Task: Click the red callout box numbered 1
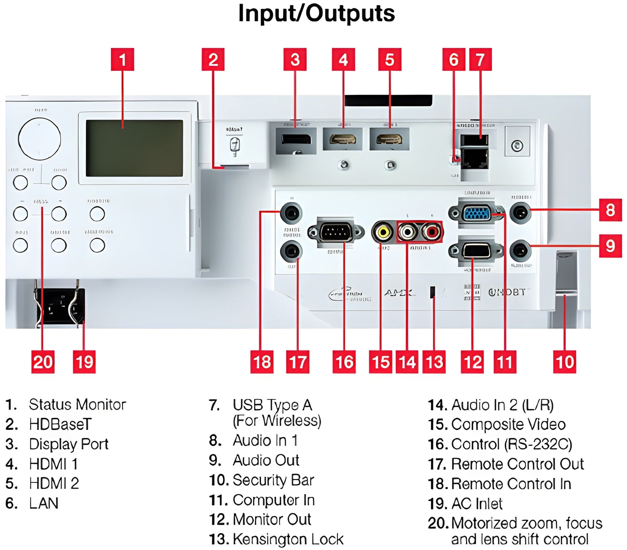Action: (x=122, y=60)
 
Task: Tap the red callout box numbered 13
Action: (x=434, y=362)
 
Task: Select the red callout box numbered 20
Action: (x=43, y=362)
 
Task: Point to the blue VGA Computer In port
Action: (x=477, y=213)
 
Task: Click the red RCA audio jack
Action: (x=431, y=232)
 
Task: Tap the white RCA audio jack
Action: (x=407, y=232)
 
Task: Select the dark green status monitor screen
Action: (x=134, y=148)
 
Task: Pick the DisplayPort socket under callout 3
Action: (x=296, y=139)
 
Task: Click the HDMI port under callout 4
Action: (x=343, y=139)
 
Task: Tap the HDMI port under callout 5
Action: (x=390, y=139)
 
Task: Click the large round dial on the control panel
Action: (x=40, y=139)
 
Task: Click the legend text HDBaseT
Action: (x=60, y=424)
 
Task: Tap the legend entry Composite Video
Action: (x=508, y=424)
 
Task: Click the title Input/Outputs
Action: (x=316, y=14)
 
